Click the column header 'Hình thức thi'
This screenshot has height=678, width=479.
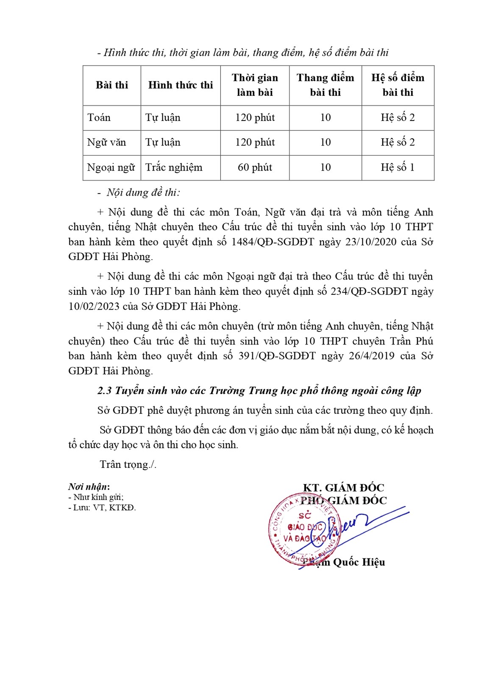[181, 85]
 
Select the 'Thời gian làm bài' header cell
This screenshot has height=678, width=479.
[255, 85]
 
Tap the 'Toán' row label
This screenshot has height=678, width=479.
[99, 118]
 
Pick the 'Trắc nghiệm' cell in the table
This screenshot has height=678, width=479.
[174, 168]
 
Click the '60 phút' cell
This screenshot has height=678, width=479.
[255, 168]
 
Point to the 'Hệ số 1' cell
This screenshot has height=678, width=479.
[398, 168]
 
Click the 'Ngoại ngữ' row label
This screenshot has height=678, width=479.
[111, 168]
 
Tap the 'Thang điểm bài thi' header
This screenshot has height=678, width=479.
[325, 85]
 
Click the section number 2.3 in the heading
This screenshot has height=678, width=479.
[104, 391]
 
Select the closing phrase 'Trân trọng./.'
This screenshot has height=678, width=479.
[128, 465]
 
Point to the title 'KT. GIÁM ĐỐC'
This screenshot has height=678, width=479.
[343, 488]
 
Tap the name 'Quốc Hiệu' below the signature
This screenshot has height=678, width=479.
[359, 563]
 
